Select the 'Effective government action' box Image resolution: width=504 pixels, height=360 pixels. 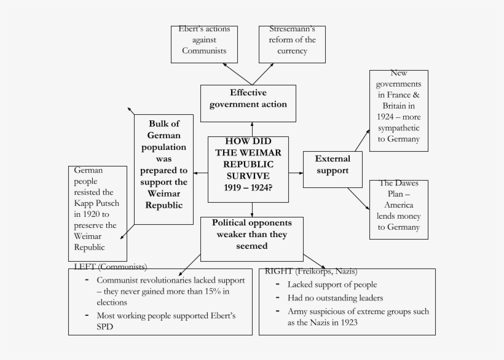(x=248, y=99)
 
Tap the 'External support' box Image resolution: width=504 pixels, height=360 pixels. (x=332, y=169)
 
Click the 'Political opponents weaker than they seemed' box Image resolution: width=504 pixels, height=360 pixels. (x=251, y=238)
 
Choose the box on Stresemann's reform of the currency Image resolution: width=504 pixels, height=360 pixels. (x=292, y=44)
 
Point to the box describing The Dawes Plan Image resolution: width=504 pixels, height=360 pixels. (x=398, y=209)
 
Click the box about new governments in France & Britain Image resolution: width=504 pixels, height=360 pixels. (x=398, y=111)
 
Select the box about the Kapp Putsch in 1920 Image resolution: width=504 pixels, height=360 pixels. (x=97, y=213)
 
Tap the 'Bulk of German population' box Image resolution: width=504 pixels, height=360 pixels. (x=163, y=169)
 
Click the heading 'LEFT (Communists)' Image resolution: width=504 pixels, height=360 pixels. (x=110, y=267)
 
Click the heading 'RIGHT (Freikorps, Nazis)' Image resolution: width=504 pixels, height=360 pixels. (x=310, y=271)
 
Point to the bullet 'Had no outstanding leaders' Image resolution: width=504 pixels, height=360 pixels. (x=335, y=298)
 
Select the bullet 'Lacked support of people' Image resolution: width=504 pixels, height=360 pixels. (x=332, y=284)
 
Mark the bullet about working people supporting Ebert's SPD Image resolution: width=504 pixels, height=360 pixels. (x=166, y=321)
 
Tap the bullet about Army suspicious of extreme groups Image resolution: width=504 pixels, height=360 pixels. (x=358, y=316)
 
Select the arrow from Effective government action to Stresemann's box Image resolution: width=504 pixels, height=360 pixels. (x=263, y=73)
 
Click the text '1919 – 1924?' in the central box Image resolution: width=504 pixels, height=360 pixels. (x=248, y=187)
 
